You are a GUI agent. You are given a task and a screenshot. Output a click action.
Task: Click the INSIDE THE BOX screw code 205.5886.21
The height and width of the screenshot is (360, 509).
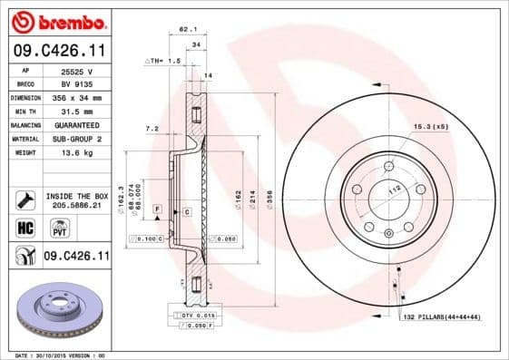coord(76,207)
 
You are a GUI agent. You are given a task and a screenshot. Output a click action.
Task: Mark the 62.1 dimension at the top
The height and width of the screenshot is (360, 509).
coord(188,30)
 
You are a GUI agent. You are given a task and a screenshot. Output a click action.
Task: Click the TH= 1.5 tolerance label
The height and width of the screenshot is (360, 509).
coord(163,59)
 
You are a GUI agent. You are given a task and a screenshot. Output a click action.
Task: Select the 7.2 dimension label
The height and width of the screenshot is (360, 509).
coord(152,129)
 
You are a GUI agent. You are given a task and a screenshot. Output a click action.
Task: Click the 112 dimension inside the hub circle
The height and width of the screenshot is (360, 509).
coord(395,189)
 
